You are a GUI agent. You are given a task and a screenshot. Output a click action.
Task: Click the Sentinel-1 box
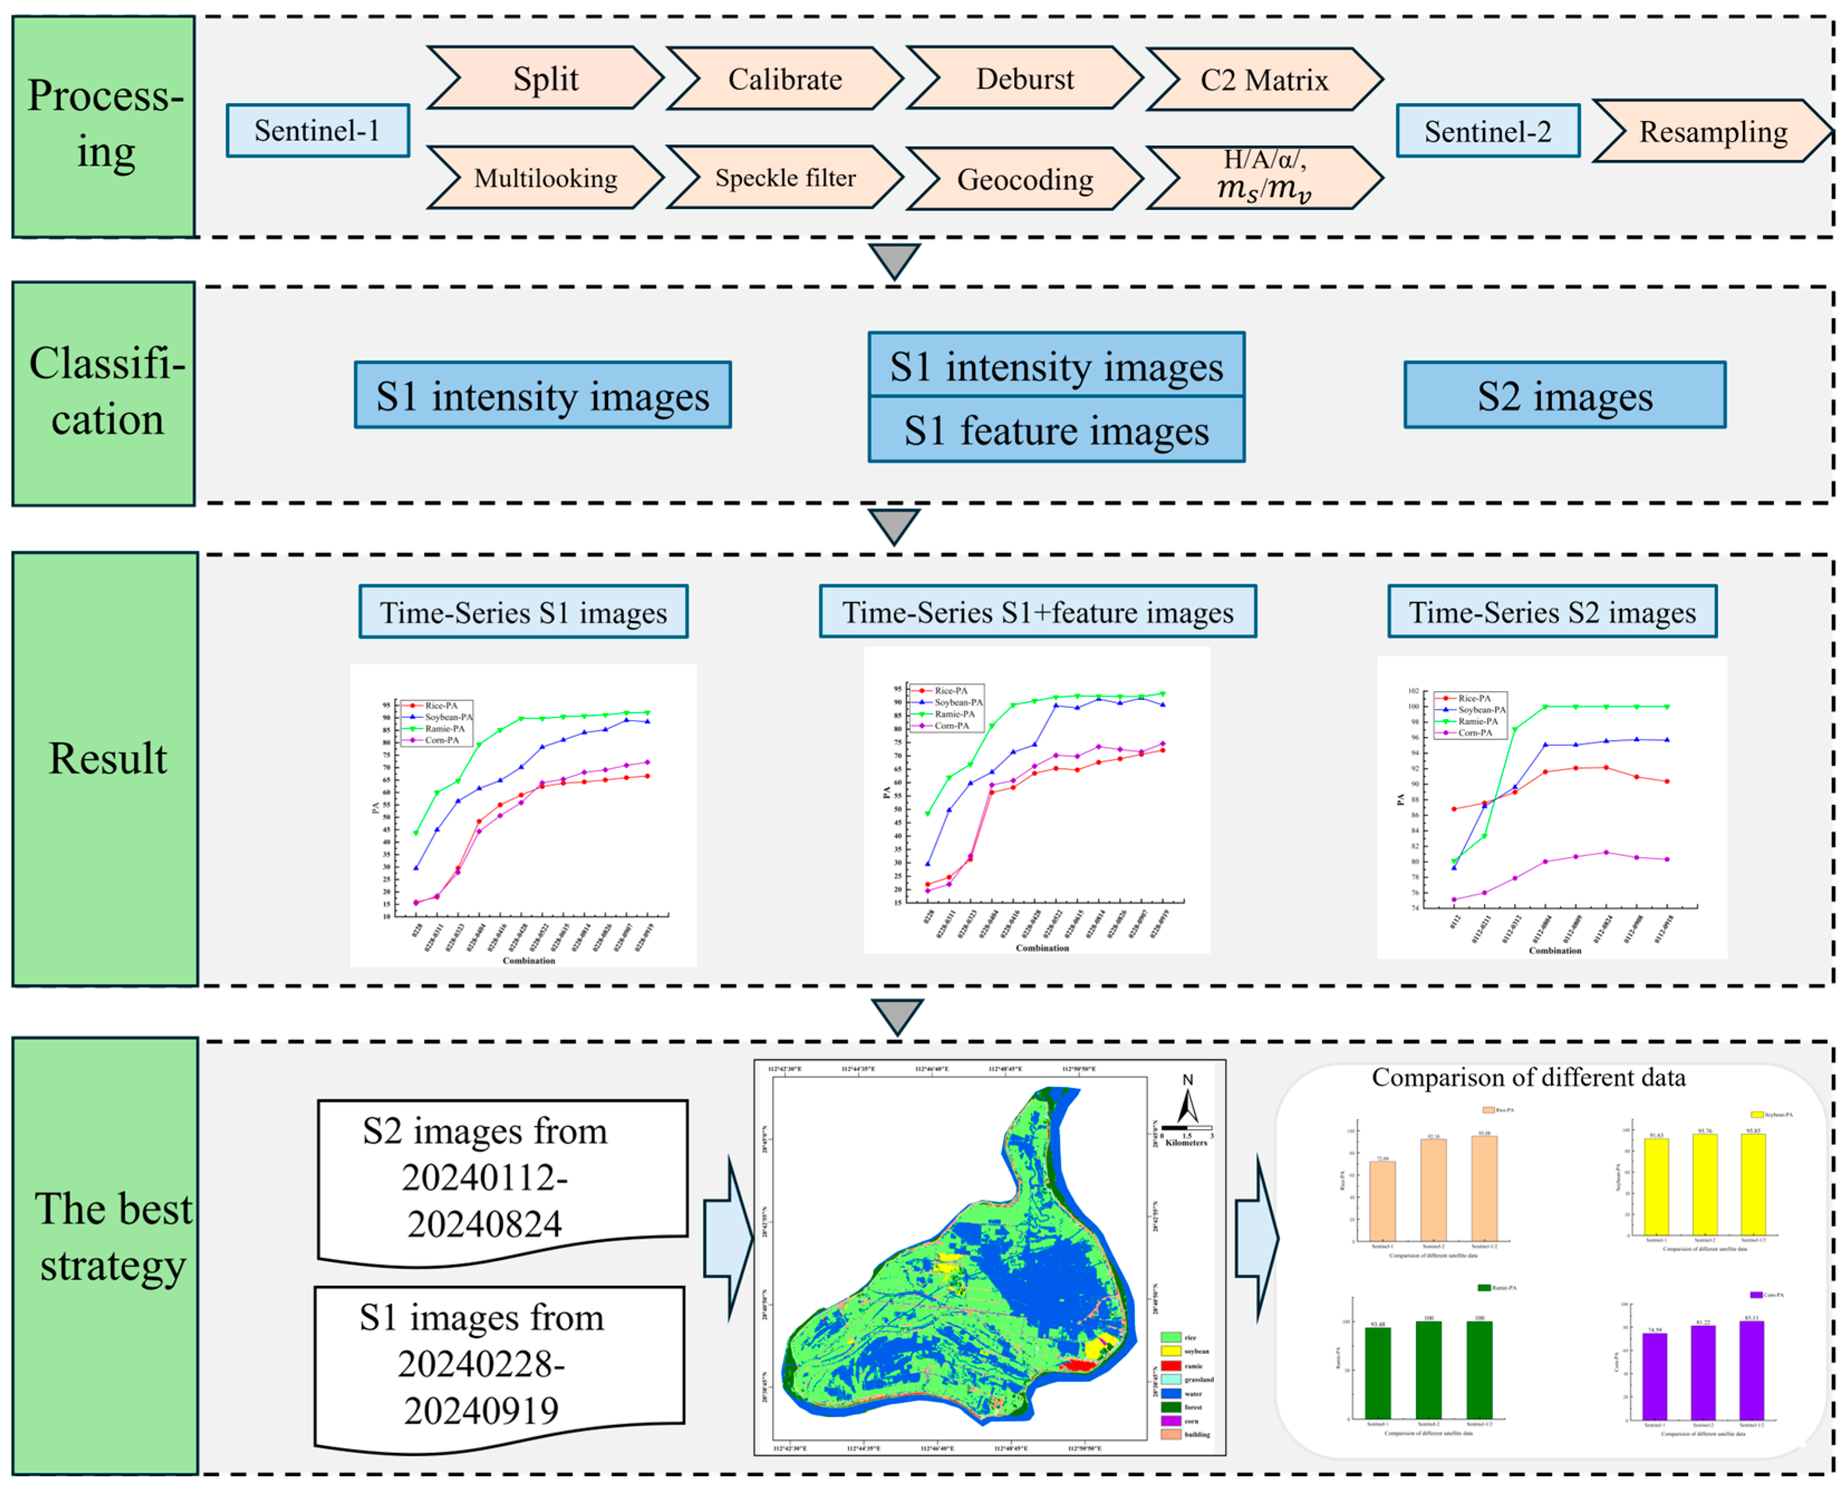317,130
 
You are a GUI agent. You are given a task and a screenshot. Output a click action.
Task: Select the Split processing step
545,78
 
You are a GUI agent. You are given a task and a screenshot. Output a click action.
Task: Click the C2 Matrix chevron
1264,80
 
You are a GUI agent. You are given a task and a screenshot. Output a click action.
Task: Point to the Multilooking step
545,178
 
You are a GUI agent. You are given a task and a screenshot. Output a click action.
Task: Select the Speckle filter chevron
784,178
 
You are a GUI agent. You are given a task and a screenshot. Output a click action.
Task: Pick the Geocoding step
1024,179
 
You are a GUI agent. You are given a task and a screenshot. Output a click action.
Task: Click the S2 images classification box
1564,395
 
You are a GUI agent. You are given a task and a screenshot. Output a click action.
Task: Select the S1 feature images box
1056,430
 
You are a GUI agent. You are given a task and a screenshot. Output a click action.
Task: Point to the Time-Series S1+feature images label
1037,612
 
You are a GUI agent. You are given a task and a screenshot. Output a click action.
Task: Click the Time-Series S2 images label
1551,612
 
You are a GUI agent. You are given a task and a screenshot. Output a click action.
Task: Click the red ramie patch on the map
1075,1365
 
